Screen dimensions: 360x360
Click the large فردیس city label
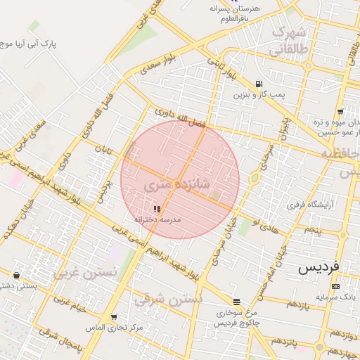[x=318, y=267]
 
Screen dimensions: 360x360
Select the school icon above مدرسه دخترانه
[x=156, y=209]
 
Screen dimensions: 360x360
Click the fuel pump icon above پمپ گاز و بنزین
[x=259, y=82]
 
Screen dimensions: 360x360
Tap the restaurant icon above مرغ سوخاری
[x=237, y=301]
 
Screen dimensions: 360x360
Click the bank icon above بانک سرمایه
[x=335, y=286]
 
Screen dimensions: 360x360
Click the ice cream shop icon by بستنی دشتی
[x=16, y=275]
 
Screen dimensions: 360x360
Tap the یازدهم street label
[x=298, y=304]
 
